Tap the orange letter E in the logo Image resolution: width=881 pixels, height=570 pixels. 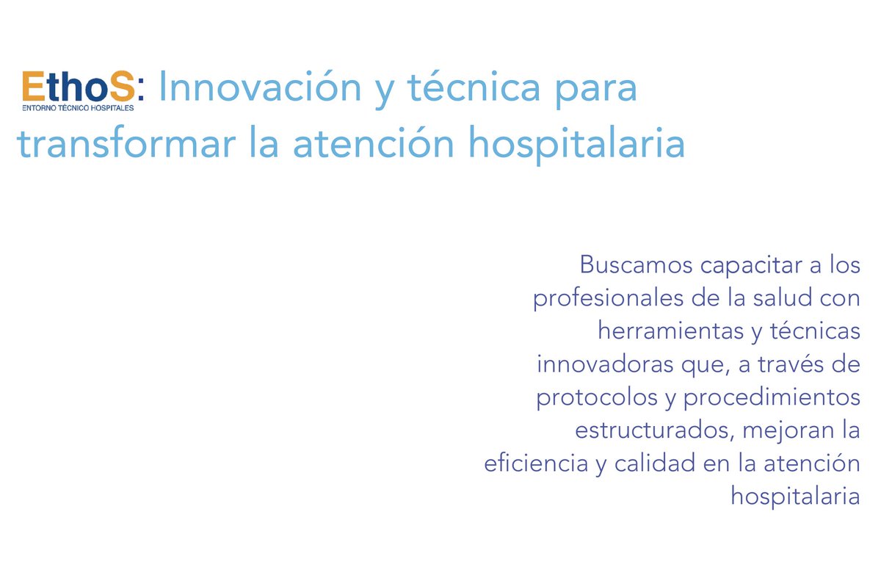point(35,87)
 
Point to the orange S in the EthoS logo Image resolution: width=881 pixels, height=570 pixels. point(121,87)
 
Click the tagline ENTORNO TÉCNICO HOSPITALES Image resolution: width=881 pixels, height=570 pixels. point(78,107)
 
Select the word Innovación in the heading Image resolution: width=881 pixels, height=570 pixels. point(260,88)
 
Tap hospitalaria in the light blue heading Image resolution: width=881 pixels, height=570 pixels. point(576,145)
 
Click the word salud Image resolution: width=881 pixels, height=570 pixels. point(766,298)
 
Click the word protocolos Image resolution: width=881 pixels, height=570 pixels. point(597,397)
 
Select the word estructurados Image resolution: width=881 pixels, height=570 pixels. point(652,430)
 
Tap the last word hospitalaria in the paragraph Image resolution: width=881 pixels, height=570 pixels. point(795,497)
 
